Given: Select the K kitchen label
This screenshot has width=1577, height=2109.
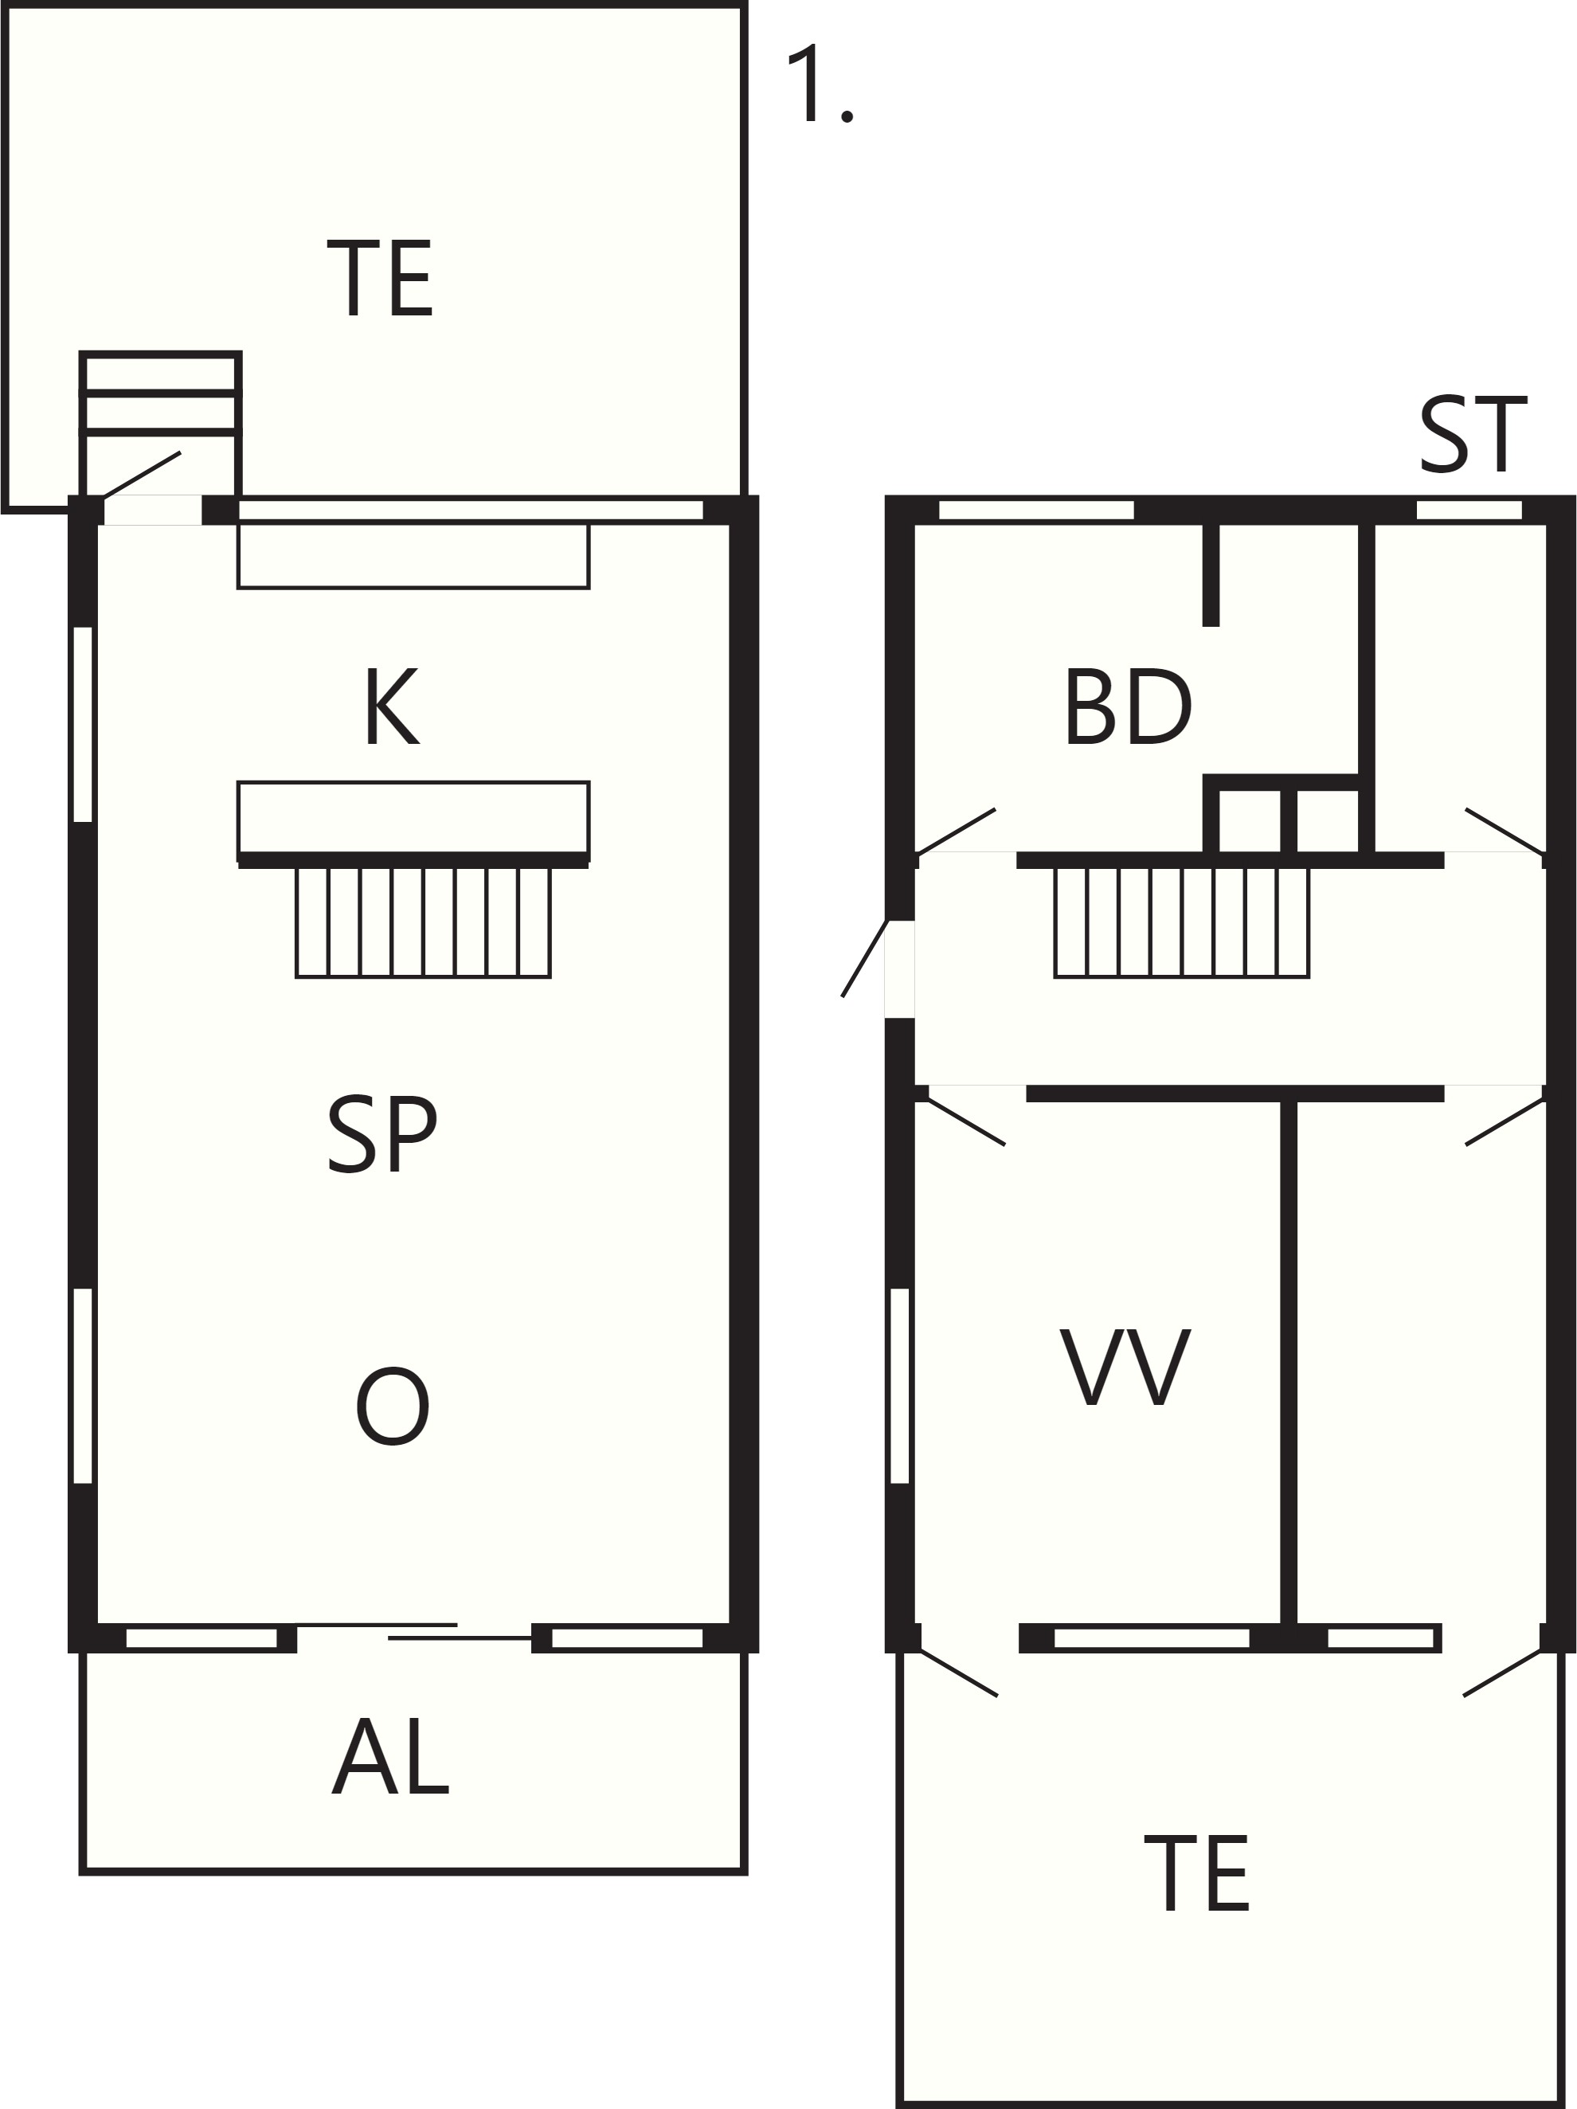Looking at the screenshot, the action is [x=392, y=706].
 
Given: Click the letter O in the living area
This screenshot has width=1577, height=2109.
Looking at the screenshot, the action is [x=392, y=1406].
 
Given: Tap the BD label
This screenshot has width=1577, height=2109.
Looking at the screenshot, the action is [x=1128, y=706].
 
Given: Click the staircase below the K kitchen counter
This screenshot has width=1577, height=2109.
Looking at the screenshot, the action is [x=424, y=922].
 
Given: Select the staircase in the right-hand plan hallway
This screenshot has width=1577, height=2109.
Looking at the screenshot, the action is [x=1181, y=922].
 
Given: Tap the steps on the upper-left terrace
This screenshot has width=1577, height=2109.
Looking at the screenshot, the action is [x=160, y=393].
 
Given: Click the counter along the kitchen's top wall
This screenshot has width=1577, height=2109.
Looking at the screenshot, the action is [x=413, y=556].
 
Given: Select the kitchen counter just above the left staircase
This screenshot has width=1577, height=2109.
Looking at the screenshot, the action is [x=413, y=818].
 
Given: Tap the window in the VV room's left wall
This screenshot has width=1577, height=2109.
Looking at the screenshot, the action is [x=899, y=1387].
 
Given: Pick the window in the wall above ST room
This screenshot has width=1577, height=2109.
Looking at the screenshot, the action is [x=1469, y=510].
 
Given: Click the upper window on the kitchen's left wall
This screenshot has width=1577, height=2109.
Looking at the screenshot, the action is [x=83, y=724].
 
